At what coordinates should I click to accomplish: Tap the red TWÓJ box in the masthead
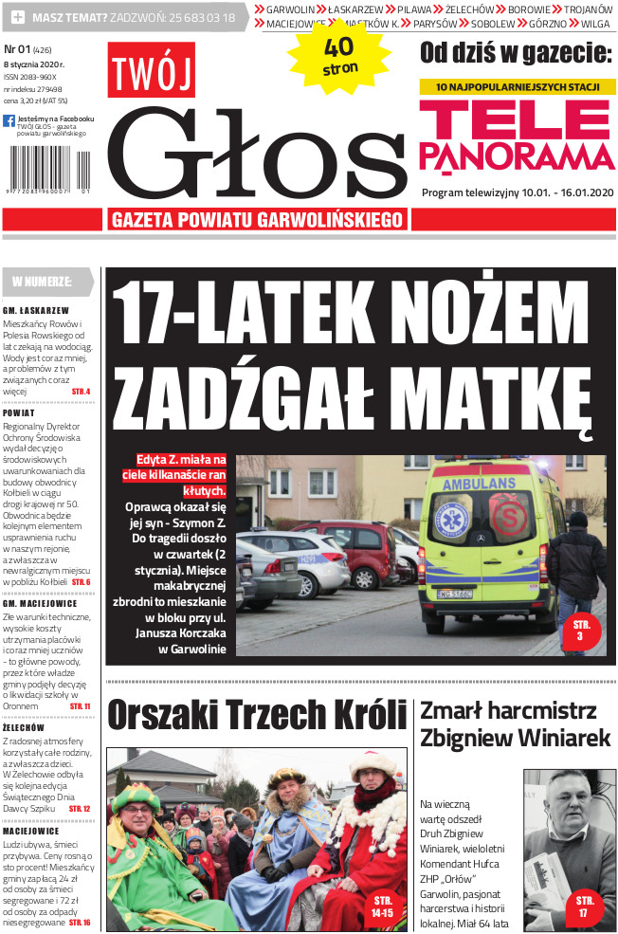coord(151,71)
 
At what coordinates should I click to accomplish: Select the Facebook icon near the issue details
coord(9,121)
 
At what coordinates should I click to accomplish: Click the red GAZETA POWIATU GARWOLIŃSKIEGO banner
coord(258,220)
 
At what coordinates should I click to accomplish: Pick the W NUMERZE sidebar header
coord(43,282)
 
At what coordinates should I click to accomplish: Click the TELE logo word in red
coord(516,121)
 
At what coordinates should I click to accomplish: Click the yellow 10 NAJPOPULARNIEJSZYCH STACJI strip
coord(518,87)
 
